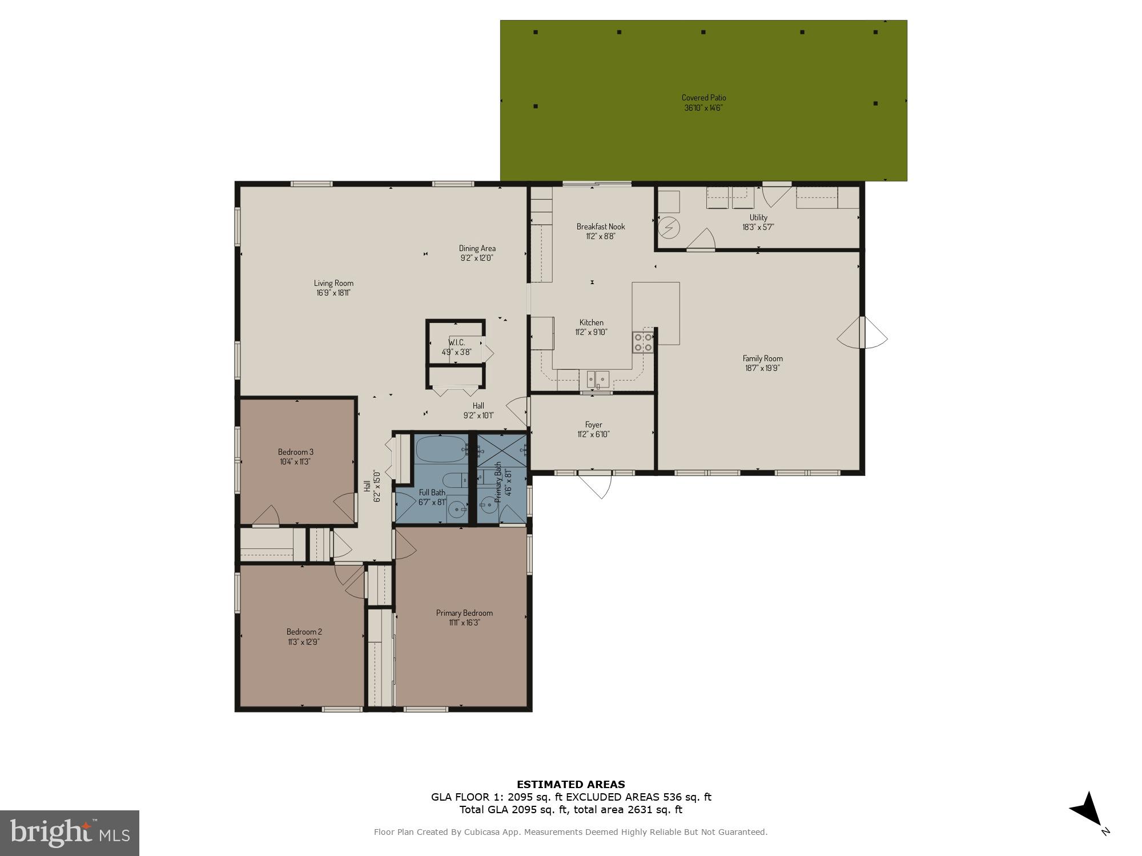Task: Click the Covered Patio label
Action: click(x=703, y=98)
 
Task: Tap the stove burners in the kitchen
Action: click(x=644, y=342)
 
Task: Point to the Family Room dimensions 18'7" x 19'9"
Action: click(x=762, y=368)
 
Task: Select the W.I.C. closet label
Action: click(x=456, y=342)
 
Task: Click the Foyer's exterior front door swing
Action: click(x=597, y=485)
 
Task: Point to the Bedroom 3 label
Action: click(x=295, y=452)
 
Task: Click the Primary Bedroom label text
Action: click(x=464, y=613)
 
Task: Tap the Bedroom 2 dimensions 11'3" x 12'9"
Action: click(x=304, y=641)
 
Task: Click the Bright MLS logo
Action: click(x=70, y=833)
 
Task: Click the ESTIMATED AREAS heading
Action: click(x=570, y=785)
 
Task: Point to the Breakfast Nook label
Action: click(x=600, y=227)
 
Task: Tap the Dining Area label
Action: click(x=477, y=248)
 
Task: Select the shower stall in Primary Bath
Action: click(x=501, y=451)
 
